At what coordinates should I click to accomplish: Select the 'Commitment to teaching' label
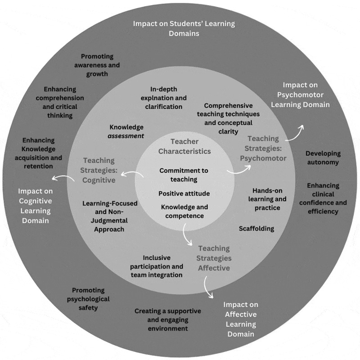tap(184, 175)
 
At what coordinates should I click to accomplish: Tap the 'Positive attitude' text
tap(184, 193)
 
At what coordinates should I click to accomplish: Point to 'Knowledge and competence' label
tap(184, 211)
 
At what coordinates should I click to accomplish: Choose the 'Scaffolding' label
tap(256, 229)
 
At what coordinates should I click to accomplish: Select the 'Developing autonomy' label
tap(323, 157)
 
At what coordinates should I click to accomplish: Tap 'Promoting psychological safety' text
tap(88, 299)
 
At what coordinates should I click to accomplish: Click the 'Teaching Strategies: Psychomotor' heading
tap(263, 148)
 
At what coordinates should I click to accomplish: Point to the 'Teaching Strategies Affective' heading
tap(214, 258)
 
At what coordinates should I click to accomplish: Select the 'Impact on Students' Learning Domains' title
tap(184, 28)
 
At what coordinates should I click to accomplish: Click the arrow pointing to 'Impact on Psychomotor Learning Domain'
tap(297, 132)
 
